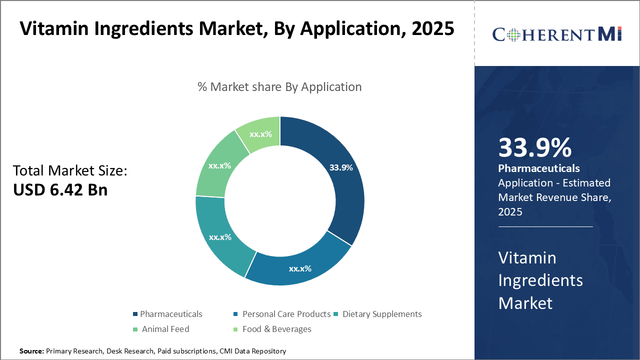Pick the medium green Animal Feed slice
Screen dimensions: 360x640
click(220, 165)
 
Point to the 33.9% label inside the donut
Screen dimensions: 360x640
click(341, 167)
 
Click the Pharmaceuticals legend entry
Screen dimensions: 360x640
click(170, 314)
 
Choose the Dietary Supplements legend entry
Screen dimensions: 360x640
click(381, 314)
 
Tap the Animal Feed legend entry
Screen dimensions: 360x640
click(165, 329)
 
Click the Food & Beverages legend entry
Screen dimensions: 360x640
click(276, 329)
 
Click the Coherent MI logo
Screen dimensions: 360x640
click(556, 34)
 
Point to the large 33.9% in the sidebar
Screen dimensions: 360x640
click(534, 147)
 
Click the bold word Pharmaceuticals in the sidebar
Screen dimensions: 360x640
click(539, 168)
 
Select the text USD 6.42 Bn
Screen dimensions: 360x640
click(60, 189)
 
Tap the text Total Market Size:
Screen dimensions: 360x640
click(70, 170)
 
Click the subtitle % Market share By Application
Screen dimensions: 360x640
click(279, 87)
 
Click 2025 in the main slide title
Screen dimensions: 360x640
click(432, 28)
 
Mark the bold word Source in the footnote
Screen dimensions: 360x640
click(31, 351)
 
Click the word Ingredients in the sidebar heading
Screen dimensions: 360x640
click(540, 280)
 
